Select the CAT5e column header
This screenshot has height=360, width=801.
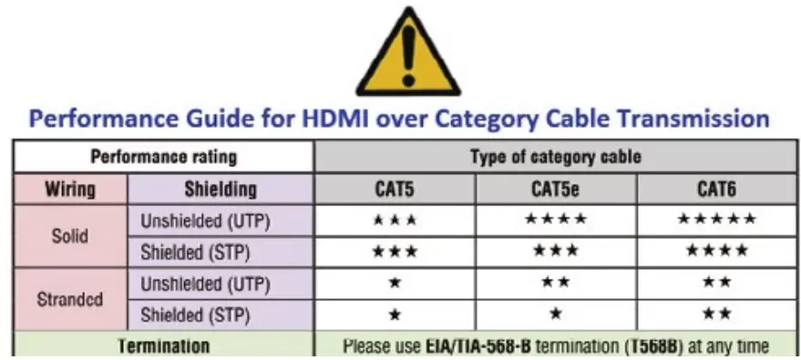point(555,190)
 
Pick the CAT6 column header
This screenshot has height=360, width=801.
point(716,190)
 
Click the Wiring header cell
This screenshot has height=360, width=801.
point(69,190)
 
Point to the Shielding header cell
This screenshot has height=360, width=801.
point(221,190)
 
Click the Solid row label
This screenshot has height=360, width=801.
point(69,235)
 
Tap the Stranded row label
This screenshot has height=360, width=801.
point(69,298)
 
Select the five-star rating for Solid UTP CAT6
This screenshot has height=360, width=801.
point(716,220)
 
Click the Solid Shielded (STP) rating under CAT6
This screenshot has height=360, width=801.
point(716,251)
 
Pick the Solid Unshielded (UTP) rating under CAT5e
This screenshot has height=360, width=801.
point(555,220)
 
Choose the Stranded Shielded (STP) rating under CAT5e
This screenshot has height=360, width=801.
point(555,314)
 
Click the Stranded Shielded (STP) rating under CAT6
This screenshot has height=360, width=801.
point(716,314)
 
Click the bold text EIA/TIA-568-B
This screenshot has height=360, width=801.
point(478,346)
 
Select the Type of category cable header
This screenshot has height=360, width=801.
point(555,157)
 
